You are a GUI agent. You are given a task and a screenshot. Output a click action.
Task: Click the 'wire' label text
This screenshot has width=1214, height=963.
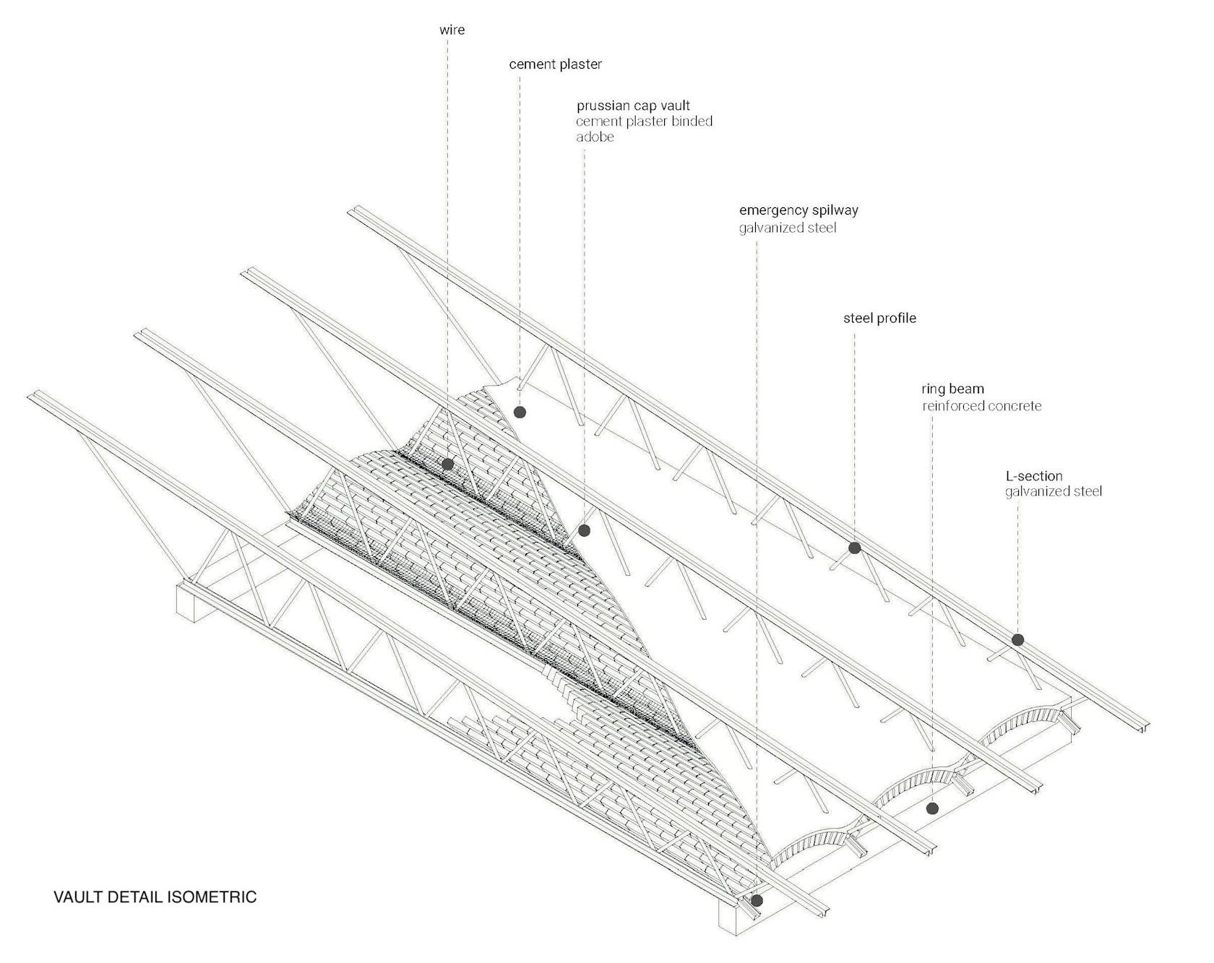point(452,30)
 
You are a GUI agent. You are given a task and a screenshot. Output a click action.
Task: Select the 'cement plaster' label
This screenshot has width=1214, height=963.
point(555,64)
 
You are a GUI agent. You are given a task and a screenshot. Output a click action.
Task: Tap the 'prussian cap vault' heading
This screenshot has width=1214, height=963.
point(633,105)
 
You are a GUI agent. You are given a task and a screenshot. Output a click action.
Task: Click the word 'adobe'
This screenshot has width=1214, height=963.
point(595,137)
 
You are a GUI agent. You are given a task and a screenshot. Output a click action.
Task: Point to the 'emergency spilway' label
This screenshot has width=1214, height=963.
point(798,211)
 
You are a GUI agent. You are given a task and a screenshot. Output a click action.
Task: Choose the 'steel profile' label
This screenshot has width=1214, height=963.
point(879,318)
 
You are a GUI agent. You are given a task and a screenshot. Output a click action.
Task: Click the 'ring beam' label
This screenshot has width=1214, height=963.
point(952,389)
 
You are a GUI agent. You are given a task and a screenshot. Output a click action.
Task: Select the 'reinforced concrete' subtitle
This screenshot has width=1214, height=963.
point(981,406)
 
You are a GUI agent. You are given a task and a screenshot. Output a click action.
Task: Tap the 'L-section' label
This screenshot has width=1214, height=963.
point(1034,476)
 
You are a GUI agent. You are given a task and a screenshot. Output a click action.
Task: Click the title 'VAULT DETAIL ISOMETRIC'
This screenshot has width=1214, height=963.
point(155,897)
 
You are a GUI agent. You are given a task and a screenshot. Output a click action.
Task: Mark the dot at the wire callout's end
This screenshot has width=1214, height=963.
point(447,465)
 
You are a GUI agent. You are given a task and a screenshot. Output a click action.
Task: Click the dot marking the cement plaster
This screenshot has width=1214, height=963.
point(520,413)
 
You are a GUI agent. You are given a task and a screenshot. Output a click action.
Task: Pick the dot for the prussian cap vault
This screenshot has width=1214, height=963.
point(585,531)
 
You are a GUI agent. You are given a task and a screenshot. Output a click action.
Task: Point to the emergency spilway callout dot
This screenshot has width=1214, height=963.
point(757,901)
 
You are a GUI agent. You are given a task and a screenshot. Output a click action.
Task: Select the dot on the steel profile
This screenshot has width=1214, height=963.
point(854,548)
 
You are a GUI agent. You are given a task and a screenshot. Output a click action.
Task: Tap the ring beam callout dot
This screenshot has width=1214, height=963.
point(932,808)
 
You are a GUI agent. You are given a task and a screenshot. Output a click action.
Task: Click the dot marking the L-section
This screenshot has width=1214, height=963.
point(1017,639)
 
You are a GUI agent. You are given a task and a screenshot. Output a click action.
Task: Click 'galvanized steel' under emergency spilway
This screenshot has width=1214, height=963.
point(787,228)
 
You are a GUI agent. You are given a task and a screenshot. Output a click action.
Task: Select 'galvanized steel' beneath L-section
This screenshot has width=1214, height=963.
point(1054,492)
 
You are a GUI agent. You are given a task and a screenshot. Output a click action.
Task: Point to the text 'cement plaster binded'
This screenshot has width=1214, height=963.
point(644,121)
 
